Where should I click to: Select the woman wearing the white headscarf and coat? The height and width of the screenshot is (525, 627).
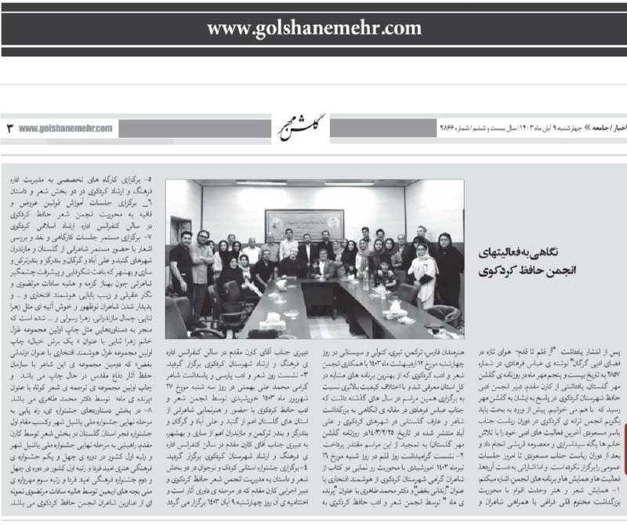(x=423, y=270)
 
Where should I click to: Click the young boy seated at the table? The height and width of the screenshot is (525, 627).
(x=385, y=274)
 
